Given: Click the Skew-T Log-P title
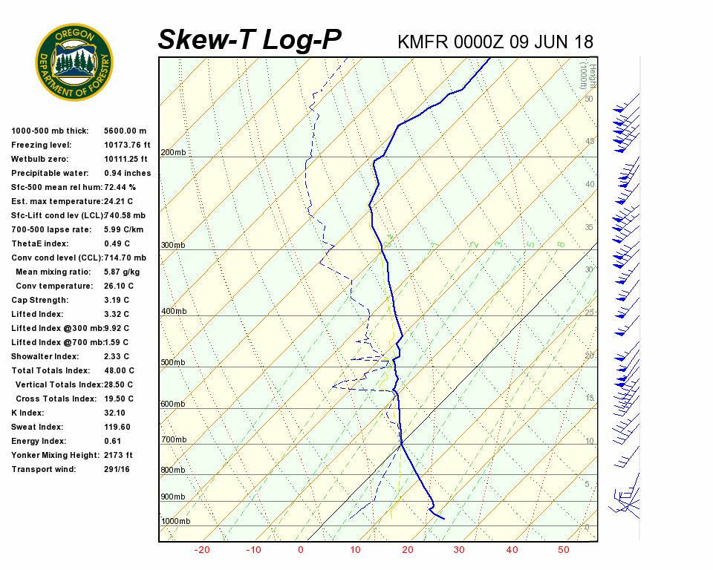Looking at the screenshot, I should (250, 40).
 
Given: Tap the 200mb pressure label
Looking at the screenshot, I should (173, 153).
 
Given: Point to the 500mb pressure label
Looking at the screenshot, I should (173, 363).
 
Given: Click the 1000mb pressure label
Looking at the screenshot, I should (175, 521).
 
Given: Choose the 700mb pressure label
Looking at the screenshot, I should (173, 440).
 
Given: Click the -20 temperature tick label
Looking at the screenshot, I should (202, 550).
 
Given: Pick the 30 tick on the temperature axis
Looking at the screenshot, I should (459, 550).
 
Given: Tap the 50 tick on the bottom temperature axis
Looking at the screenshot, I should (564, 550).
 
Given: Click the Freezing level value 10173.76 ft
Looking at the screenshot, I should (127, 145).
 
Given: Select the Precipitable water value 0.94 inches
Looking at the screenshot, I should (127, 173).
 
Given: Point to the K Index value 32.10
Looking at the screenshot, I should (114, 413).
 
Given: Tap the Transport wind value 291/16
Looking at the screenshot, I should (117, 469).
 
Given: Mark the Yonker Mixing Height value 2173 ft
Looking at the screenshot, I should (118, 455).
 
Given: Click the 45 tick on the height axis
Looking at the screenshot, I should (590, 141).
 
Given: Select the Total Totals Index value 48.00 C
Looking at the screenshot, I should (119, 370).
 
